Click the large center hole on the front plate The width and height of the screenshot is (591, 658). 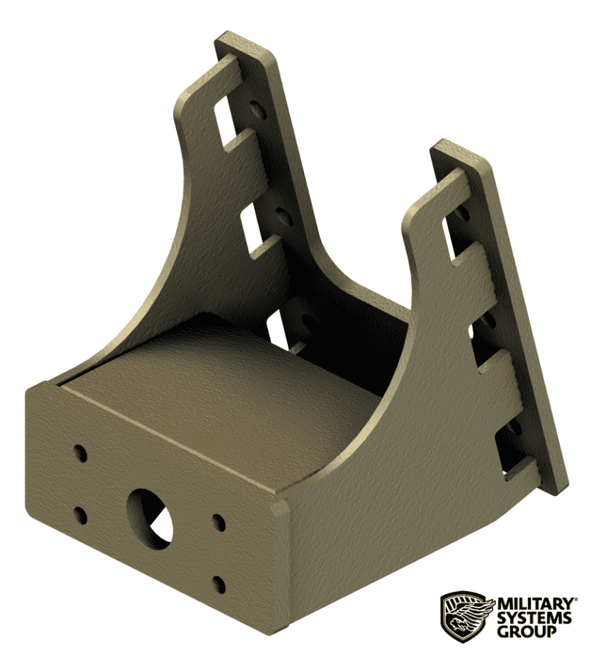point(152,517)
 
